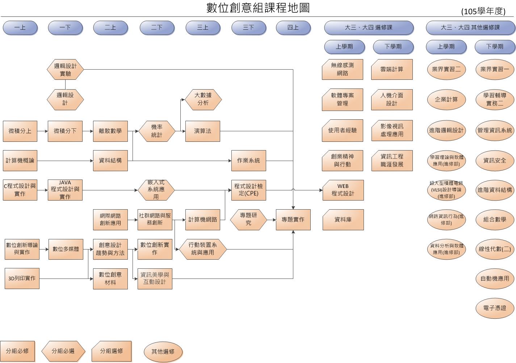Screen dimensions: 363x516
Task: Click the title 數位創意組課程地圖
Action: (x=258, y=8)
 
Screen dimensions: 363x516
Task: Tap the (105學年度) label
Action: (x=483, y=12)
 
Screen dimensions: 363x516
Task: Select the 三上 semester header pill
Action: (x=202, y=28)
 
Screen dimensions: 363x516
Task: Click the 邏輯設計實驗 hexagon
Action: (x=65, y=70)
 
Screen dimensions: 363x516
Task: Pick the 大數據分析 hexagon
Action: (x=203, y=99)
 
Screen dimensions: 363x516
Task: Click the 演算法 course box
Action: (x=202, y=131)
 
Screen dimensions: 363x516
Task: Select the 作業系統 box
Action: (x=248, y=160)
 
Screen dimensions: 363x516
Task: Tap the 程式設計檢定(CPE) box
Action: (x=248, y=190)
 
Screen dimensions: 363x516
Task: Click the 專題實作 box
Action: (x=293, y=219)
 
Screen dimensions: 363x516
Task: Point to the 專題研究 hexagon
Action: (x=248, y=219)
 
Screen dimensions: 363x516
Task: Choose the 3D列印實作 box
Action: (x=22, y=279)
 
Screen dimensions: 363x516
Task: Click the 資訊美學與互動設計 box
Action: (x=155, y=279)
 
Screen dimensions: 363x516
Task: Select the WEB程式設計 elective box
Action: (x=343, y=190)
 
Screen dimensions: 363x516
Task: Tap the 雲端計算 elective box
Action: (x=392, y=69)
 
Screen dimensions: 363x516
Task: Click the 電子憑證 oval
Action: (x=495, y=308)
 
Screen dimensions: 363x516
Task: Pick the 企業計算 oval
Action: (x=446, y=99)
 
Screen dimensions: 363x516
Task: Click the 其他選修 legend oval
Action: (x=163, y=351)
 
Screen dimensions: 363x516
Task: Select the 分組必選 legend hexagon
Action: (x=63, y=351)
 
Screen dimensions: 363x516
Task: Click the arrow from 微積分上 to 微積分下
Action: (x=42, y=131)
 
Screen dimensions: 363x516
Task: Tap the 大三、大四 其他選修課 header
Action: (x=470, y=28)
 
